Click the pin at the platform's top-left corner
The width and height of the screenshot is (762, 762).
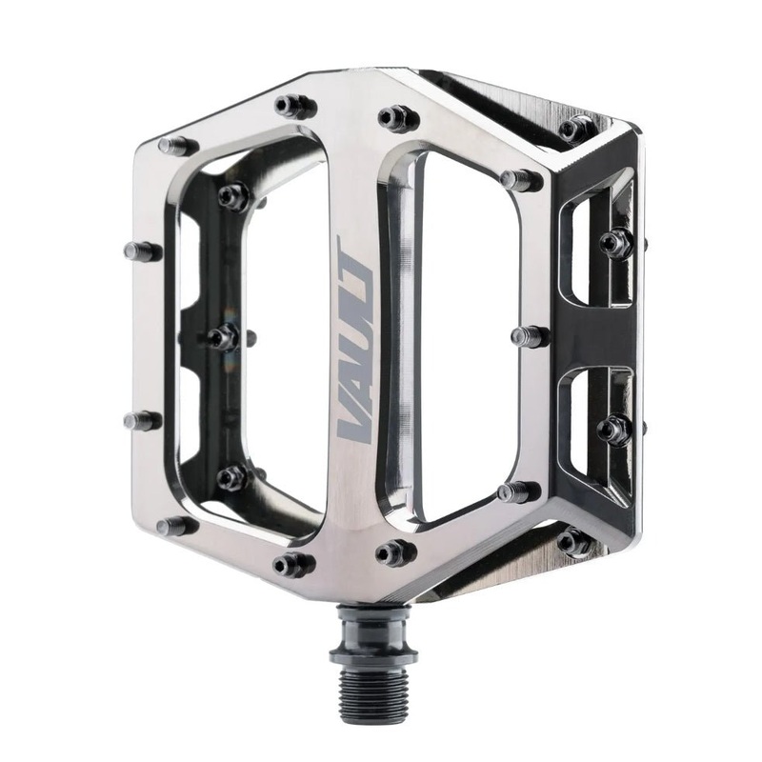click(x=177, y=146)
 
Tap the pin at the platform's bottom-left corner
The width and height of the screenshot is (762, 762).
click(x=177, y=526)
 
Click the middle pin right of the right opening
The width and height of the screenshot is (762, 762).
click(x=529, y=336)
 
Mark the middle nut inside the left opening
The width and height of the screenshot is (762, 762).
click(x=224, y=337)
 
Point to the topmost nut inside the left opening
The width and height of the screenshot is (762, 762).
click(x=232, y=196)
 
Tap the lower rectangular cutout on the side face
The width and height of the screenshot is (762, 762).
click(x=591, y=429)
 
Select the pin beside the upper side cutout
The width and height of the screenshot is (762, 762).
click(x=615, y=243)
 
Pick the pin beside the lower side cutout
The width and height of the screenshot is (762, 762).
click(x=613, y=430)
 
